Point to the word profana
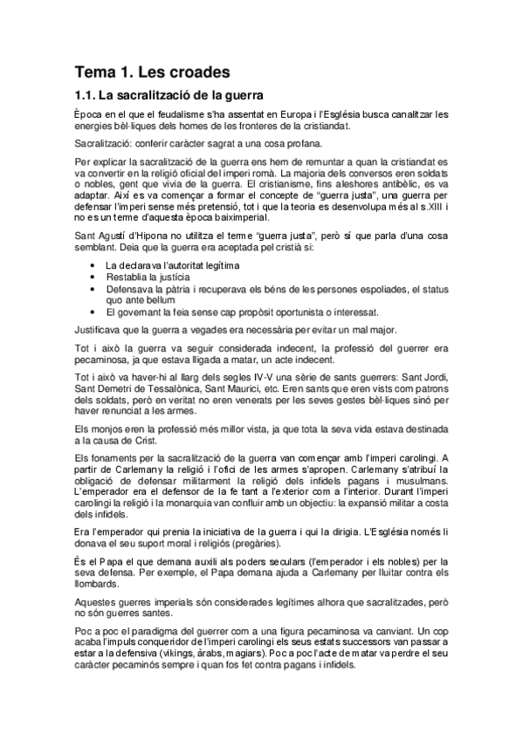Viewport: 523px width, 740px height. (x=301, y=144)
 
